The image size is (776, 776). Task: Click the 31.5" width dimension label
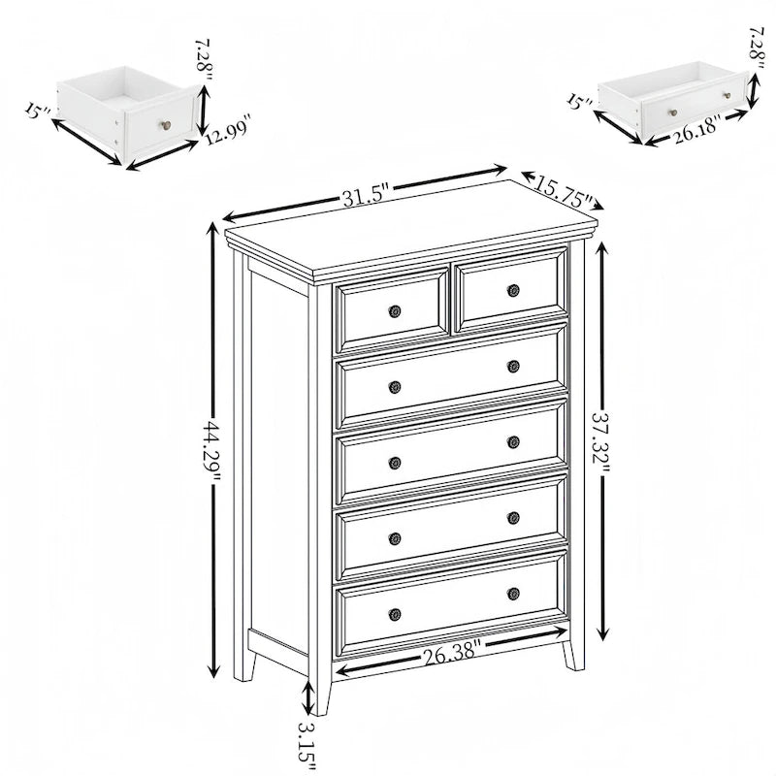[x=365, y=195]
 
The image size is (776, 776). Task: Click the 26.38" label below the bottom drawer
[x=449, y=653]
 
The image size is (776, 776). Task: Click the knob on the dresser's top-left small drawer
[x=395, y=311]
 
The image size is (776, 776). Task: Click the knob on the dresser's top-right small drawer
[x=513, y=290]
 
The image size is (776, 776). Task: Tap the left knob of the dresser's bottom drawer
[x=395, y=614]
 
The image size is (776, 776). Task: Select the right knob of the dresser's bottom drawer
[x=513, y=593]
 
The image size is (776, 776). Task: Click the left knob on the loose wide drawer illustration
[x=672, y=112]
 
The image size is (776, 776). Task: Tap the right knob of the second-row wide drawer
[x=513, y=366]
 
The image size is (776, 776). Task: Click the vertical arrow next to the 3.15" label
[x=308, y=696]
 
